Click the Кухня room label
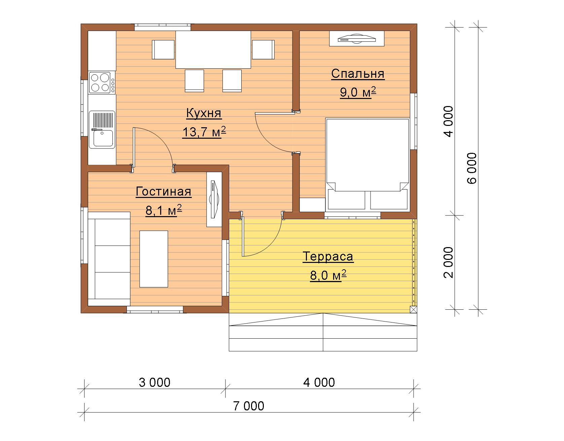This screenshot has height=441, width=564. pos(204,113)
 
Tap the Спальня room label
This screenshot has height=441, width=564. pos(358,74)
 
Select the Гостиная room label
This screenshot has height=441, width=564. pos(164,192)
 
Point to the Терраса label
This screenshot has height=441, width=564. pos(328,257)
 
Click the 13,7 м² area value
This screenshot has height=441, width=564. pos(204,132)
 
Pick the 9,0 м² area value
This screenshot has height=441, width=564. pos(358,93)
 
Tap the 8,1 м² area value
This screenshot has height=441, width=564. pos(164,211)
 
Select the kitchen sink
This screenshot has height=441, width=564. pos(102,130)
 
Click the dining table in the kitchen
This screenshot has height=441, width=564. pos(213,49)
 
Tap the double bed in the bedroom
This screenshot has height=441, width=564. pos(367,164)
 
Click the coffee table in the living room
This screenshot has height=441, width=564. pos(154,259)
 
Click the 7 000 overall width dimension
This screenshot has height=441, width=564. pos(249,406)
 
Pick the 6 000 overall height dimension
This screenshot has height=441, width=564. pos(472,168)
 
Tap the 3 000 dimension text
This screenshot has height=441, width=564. pos(155,382)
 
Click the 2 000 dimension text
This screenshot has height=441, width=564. pos(449,263)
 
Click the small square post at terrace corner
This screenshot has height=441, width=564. pos(414,310)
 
